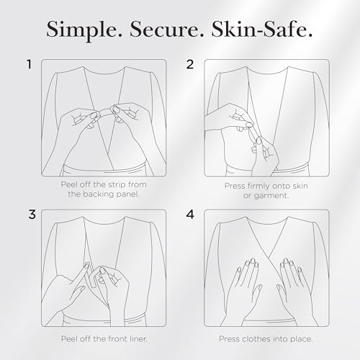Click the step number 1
coord(30,65)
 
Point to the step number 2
coord(191,65)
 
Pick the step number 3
coord(30,215)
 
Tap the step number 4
coord(191,215)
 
